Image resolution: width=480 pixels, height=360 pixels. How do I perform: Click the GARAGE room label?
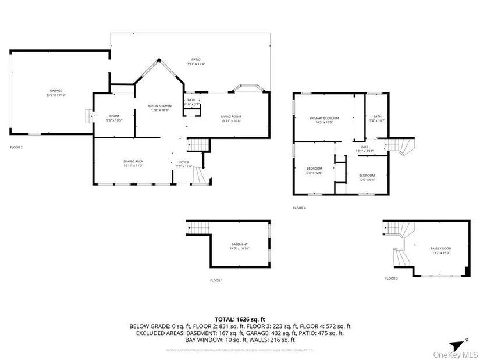(x=55, y=92)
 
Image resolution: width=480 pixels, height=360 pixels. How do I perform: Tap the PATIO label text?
(x=196, y=61)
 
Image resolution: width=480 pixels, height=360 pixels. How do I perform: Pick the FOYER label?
(x=184, y=163)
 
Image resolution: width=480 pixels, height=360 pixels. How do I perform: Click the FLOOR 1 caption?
(x=216, y=280)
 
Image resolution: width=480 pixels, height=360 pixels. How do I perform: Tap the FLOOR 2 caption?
(x=16, y=147)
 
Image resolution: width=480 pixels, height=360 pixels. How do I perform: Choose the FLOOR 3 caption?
(x=392, y=279)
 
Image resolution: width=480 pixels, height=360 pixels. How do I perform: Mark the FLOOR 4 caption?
(x=299, y=208)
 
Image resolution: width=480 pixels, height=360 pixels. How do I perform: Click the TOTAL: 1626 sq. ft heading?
(x=240, y=319)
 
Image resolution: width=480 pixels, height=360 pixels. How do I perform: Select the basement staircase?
(x=198, y=228)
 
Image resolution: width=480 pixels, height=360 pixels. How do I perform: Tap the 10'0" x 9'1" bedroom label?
(x=367, y=177)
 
